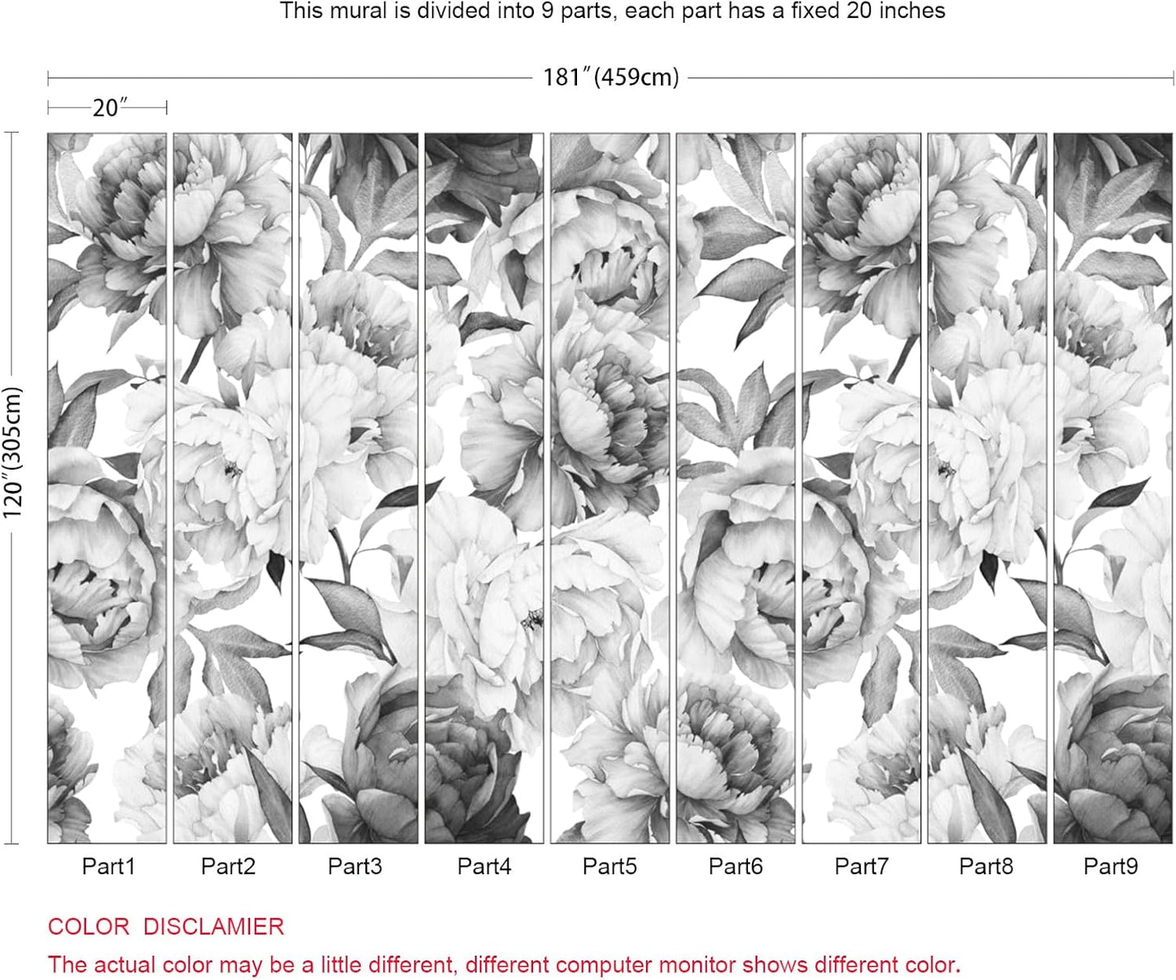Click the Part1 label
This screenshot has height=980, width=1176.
[x=108, y=866]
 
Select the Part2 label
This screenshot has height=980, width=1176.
[x=228, y=866]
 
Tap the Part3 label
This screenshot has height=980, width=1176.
[x=355, y=866]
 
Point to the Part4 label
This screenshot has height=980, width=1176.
[x=484, y=866]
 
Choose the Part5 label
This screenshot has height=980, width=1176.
[x=610, y=866]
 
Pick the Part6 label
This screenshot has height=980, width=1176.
[x=736, y=866]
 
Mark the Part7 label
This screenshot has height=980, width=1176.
[x=862, y=866]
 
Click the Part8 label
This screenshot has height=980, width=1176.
[x=986, y=866]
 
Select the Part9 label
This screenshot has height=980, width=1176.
[x=1111, y=866]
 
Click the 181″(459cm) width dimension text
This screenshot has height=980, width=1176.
[x=610, y=77]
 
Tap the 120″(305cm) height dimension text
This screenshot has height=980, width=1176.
[x=13, y=453]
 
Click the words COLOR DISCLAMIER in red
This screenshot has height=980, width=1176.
[x=166, y=926]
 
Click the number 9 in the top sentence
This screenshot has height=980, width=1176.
[x=548, y=11]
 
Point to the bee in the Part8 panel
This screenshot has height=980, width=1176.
[x=946, y=469]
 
